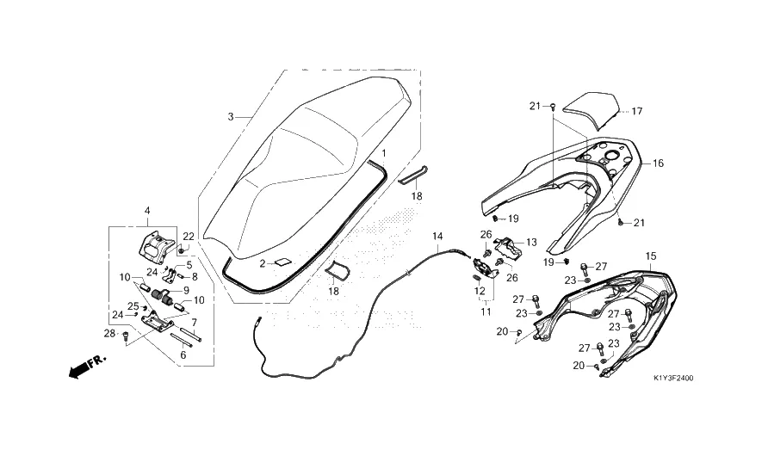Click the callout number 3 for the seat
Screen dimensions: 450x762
pyautogui.click(x=231, y=116)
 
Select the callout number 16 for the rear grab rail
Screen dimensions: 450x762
pyautogui.click(x=658, y=163)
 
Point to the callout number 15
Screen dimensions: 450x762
pyautogui.click(x=650, y=256)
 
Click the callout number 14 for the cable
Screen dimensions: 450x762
pyautogui.click(x=437, y=236)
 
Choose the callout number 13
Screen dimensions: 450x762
pyautogui.click(x=531, y=242)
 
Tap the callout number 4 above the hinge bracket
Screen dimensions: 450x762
pyautogui.click(x=147, y=210)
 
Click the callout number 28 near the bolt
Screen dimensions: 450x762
pyautogui.click(x=110, y=333)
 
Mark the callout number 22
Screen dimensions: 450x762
pyautogui.click(x=189, y=237)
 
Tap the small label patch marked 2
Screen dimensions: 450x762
pyautogui.click(x=284, y=262)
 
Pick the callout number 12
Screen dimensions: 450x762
pyautogui.click(x=480, y=290)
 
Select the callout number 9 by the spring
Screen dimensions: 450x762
pyautogui.click(x=185, y=290)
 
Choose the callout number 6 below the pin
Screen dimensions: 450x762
pyautogui.click(x=183, y=354)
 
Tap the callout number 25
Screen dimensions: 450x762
pyautogui.click(x=133, y=305)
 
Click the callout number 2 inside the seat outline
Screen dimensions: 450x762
pyautogui.click(x=263, y=262)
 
